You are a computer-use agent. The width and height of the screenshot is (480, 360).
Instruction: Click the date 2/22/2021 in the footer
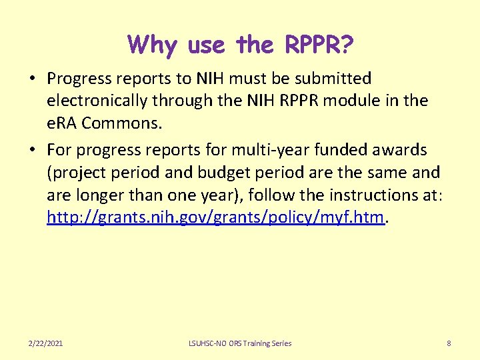pyautogui.click(x=46, y=343)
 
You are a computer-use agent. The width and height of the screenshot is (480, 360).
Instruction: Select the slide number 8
pyautogui.click(x=449, y=343)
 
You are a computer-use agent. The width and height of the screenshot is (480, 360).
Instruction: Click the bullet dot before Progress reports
pyautogui.click(x=32, y=79)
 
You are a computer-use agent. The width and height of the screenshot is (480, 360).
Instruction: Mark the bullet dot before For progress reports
pyautogui.click(x=32, y=150)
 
